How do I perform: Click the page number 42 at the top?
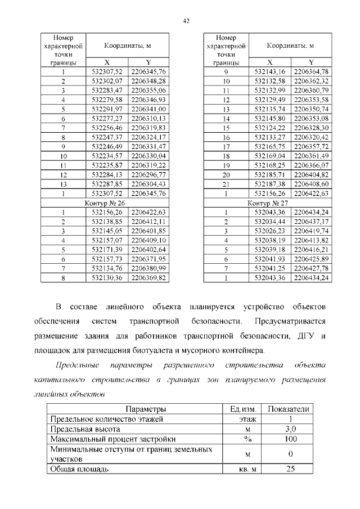pos(186,21)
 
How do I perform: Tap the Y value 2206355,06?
pos(148,90)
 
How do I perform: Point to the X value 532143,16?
pos(271,71)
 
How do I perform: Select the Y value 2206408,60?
pos(311,184)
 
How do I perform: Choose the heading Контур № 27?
pos(268,202)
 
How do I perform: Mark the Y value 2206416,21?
pos(311,250)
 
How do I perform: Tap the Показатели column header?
pos(290,409)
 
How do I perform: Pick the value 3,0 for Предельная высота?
pos(290,429)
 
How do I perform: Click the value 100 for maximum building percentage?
pos(290,439)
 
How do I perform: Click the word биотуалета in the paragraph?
pos(159,350)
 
